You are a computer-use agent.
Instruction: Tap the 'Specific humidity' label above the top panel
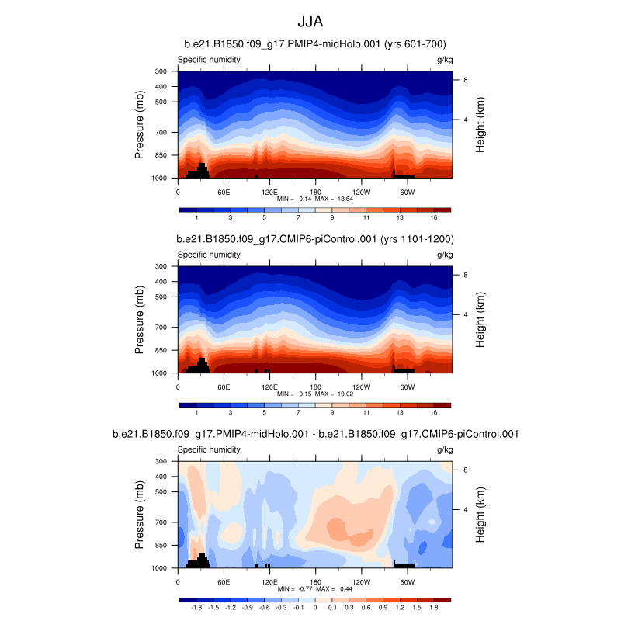pyautogui.click(x=209, y=60)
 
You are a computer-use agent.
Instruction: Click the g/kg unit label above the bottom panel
pyautogui.click(x=445, y=449)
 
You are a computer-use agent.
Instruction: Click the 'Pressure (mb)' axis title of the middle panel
pyautogui.click(x=140, y=320)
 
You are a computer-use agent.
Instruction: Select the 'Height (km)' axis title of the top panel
pyautogui.click(x=481, y=125)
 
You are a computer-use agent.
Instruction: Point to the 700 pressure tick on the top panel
pyautogui.click(x=161, y=133)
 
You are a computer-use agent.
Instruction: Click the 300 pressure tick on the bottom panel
pyautogui.click(x=161, y=461)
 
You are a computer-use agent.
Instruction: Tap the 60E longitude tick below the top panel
pyautogui.click(x=224, y=191)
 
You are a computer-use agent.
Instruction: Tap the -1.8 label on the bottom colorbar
pyautogui.click(x=196, y=609)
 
